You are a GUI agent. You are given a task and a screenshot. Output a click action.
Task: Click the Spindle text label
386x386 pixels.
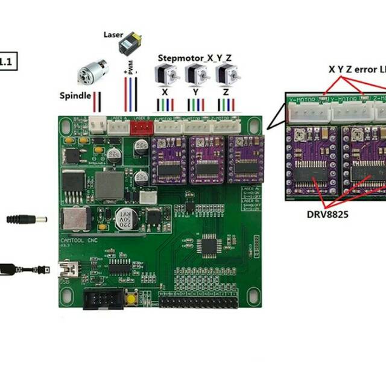(x=75, y=95)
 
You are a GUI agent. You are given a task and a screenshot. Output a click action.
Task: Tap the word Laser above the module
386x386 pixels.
(x=113, y=34)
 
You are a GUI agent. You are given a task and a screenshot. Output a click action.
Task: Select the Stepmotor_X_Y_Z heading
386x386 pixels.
(x=194, y=57)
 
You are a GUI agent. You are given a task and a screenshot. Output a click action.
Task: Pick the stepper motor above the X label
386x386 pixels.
(x=165, y=75)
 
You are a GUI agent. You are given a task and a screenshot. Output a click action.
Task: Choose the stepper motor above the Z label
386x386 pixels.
(x=226, y=75)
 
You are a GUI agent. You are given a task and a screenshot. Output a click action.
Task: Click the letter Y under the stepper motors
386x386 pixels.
(x=195, y=93)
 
